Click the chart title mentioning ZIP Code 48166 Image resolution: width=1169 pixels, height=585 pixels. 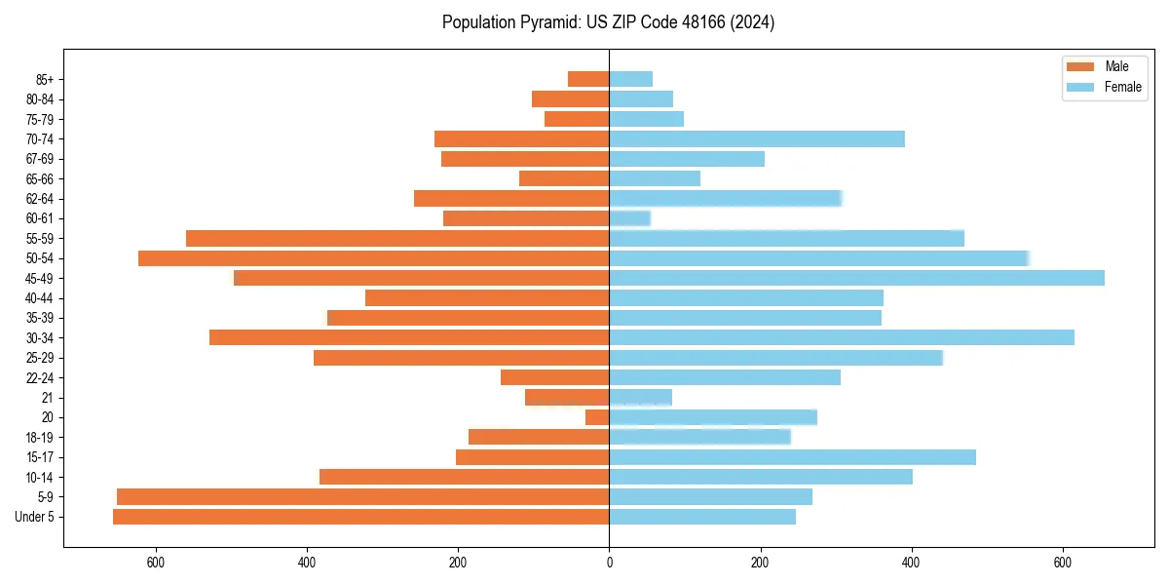[608, 22]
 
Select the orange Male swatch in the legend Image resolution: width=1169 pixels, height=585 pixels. [1080, 66]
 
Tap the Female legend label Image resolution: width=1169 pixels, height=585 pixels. [1122, 87]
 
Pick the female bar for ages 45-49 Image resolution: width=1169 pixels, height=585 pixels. [856, 278]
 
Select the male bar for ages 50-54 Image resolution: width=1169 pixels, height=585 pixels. [373, 258]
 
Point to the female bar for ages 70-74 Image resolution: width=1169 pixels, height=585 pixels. [757, 138]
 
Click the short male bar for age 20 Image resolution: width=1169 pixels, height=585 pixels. [597, 417]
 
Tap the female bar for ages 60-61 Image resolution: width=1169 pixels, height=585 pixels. [629, 218]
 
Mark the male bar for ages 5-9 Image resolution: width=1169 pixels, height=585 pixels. [362, 496]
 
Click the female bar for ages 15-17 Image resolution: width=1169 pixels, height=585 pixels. [792, 457]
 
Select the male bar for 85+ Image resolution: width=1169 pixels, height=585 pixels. [588, 79]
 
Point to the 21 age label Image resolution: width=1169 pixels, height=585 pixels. [48, 398]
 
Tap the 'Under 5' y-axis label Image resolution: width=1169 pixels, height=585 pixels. [35, 517]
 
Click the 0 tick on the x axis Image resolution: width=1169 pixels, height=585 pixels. [609, 563]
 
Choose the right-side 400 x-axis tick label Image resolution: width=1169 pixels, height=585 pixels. [912, 563]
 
